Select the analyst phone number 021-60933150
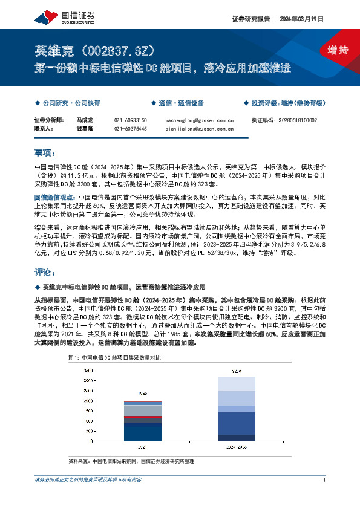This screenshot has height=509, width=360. (130, 120)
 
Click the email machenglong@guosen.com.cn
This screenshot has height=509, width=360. (199, 120)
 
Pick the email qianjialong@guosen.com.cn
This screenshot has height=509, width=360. (199, 129)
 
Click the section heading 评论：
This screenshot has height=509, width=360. (45, 271)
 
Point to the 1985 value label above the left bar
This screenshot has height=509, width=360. (142, 392)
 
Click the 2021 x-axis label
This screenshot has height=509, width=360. (142, 447)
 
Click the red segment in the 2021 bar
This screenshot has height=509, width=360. (142, 418)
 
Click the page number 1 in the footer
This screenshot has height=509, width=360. (325, 480)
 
